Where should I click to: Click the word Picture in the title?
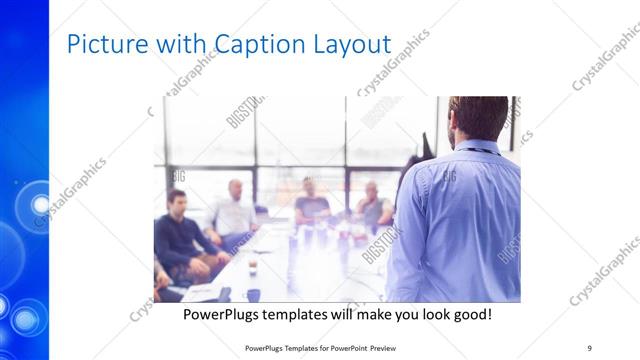(x=100, y=45)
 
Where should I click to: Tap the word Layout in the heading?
(x=350, y=45)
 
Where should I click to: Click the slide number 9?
(x=589, y=347)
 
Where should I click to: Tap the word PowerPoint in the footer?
(x=340, y=347)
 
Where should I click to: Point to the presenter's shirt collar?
(x=477, y=148)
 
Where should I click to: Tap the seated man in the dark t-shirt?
(x=311, y=204)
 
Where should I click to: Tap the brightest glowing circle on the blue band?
(x=40, y=205)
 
